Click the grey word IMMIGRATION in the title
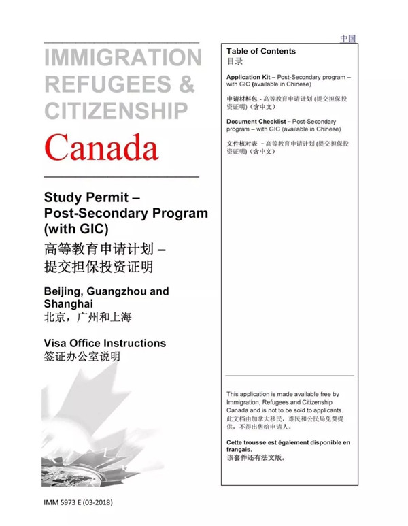[x=122, y=57]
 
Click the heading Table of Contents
[x=261, y=51]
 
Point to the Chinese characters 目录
[x=234, y=61]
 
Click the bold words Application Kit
[x=251, y=78]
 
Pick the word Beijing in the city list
[x=65, y=291]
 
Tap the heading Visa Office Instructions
[x=105, y=343]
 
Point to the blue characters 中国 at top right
[x=348, y=39]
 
